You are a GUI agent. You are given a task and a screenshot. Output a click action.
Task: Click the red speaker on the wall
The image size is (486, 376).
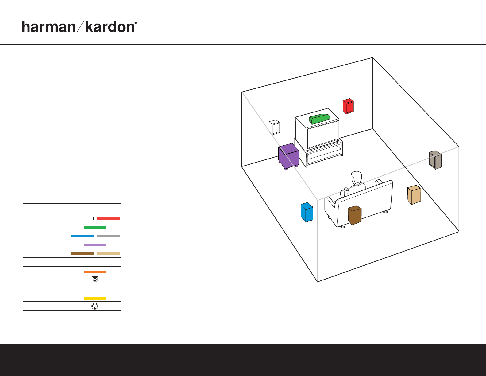[348, 106]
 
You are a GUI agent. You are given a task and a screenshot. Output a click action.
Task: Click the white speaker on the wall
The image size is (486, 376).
[275, 127]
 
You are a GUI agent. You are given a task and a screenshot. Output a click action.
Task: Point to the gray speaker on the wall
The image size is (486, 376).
[435, 160]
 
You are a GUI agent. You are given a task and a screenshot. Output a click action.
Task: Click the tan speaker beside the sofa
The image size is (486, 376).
[414, 195]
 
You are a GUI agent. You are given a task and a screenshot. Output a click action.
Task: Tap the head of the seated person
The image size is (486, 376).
[357, 177]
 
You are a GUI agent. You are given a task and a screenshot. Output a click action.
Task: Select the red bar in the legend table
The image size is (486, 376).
[108, 218]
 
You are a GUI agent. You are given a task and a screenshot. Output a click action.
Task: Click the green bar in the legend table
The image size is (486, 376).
[95, 227]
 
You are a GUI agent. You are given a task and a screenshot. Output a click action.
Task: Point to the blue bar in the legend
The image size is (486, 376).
[82, 236]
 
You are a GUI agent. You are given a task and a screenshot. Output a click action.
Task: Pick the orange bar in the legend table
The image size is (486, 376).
[95, 272]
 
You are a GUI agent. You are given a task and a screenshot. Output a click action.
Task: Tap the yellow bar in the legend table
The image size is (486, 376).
[95, 299]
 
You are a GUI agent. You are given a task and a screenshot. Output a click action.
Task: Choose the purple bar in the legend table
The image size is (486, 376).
[95, 245]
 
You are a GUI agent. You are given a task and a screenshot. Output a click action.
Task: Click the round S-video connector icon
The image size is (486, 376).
[95, 306]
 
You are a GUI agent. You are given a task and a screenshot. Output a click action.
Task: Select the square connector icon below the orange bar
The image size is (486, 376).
[95, 280]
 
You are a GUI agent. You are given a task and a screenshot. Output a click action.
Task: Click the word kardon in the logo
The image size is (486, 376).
[110, 27]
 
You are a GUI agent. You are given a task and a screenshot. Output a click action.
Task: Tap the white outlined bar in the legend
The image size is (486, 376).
[82, 218]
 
